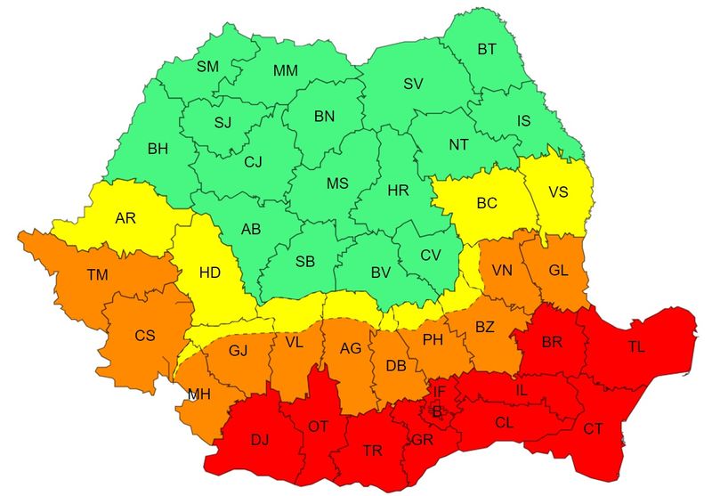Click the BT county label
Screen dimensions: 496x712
(487, 50)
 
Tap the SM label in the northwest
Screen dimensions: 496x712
(207, 67)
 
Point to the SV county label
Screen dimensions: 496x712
(413, 84)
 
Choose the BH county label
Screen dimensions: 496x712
(158, 149)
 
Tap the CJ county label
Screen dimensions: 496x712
(254, 162)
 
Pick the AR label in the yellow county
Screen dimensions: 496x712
(125, 217)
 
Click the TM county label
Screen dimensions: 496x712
(97, 276)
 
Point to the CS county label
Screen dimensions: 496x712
(144, 336)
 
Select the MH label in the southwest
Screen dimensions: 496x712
(199, 393)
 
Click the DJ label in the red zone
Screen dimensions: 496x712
(260, 439)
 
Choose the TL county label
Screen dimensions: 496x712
(637, 347)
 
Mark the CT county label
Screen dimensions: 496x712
(593, 429)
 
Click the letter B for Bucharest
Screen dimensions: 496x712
(436, 411)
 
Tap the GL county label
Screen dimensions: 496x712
(558, 270)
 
